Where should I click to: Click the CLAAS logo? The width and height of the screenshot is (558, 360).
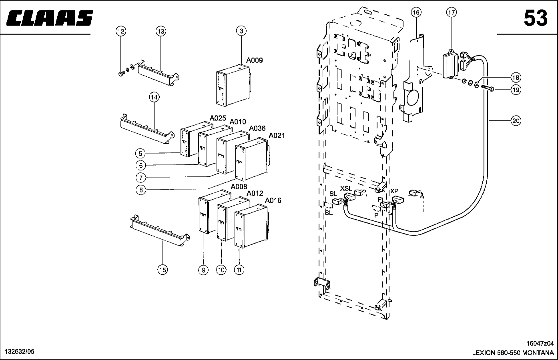[50, 18]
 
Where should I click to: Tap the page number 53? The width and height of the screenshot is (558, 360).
[536, 18]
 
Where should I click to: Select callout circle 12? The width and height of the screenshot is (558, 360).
[120, 31]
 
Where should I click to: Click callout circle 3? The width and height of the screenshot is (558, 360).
[241, 31]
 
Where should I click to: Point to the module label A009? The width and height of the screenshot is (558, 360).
[254, 60]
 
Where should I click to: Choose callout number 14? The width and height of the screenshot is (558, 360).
[154, 97]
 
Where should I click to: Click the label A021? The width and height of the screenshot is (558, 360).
[277, 136]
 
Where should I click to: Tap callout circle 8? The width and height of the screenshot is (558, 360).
[141, 190]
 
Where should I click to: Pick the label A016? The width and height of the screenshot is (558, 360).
[273, 200]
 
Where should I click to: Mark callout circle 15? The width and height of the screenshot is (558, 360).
[163, 270]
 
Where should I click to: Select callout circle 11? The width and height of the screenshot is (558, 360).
[239, 270]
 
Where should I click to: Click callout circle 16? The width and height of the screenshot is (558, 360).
[416, 12]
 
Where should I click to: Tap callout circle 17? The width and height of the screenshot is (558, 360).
[452, 12]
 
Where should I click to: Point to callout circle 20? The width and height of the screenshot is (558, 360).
[516, 121]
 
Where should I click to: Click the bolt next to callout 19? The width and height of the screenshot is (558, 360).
[488, 88]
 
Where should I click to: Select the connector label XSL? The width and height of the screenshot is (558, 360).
[346, 188]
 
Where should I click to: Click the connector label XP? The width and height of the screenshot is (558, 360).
[394, 191]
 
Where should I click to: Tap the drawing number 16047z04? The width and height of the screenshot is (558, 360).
[540, 343]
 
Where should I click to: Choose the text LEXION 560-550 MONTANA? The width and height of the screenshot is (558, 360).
[513, 353]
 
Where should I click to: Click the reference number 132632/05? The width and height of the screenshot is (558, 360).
[20, 352]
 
